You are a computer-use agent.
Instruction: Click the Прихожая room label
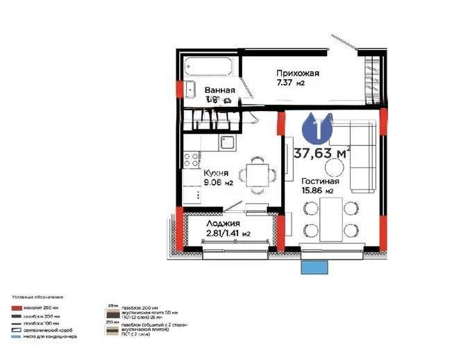(x=297, y=73)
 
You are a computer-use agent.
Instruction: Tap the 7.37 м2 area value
(x=291, y=83)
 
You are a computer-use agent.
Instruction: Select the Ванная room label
(x=219, y=90)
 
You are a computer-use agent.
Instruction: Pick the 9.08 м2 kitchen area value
(x=218, y=183)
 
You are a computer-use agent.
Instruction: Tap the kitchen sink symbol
(x=227, y=143)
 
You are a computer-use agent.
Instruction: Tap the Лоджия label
(x=223, y=224)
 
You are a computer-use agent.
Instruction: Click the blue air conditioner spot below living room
(x=314, y=267)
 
